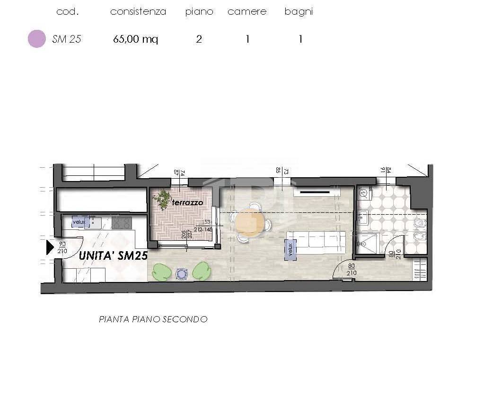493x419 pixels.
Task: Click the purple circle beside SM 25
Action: click(37, 39)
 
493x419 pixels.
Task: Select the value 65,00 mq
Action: click(135, 39)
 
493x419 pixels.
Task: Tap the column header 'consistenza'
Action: click(138, 12)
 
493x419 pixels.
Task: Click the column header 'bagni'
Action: click(299, 12)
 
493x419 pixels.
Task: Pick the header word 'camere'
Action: click(247, 12)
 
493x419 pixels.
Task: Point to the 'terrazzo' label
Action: click(187, 202)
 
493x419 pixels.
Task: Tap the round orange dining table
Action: click(250, 223)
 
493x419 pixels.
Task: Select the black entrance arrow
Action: click(50, 247)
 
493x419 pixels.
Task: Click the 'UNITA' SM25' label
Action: click(113, 255)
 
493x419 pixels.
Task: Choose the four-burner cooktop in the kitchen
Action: click(122, 222)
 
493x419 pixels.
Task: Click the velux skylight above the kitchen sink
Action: click(79, 221)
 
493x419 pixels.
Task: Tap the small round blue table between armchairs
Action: click(181, 273)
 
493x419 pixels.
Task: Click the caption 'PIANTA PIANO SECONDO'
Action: click(153, 319)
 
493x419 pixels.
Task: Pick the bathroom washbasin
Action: click(363, 219)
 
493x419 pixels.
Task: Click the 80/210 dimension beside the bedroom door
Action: click(351, 269)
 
